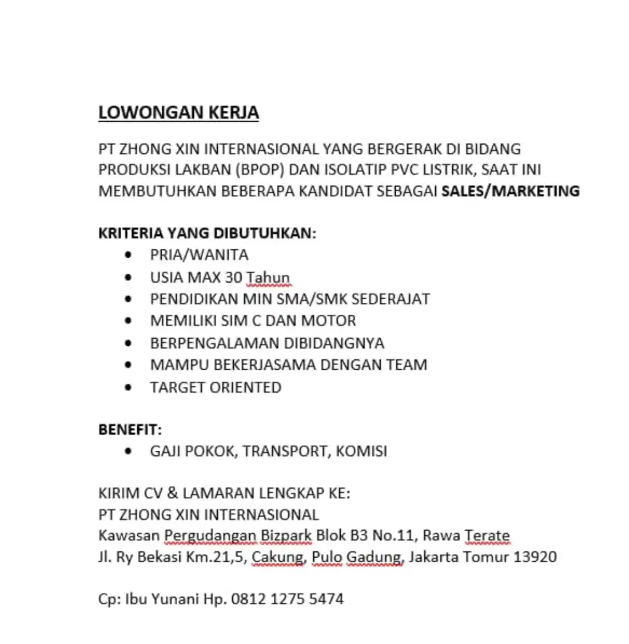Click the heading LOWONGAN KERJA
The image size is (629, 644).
tap(179, 113)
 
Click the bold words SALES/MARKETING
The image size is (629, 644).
tap(510, 191)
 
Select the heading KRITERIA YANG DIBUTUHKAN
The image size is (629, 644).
tap(207, 233)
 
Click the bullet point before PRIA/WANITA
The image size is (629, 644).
tap(131, 256)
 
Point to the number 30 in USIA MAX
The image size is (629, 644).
tap(234, 278)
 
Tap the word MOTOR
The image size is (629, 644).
tap(329, 321)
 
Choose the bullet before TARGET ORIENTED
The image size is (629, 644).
tap(131, 388)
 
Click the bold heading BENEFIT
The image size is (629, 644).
tap(129, 430)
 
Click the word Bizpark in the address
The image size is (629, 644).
tap(286, 535)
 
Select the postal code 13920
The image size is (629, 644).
tap(534, 556)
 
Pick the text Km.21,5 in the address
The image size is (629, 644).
tap(216, 556)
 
